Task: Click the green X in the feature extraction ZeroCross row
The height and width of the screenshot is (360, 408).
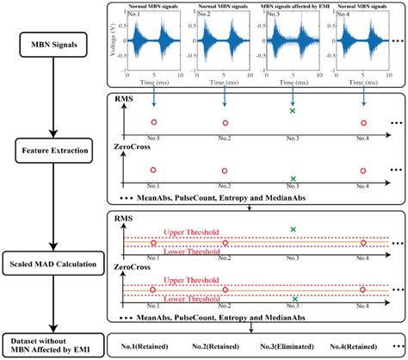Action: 294,177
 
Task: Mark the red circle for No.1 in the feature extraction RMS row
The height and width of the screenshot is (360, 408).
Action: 153,122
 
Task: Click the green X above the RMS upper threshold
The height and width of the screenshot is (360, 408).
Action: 294,228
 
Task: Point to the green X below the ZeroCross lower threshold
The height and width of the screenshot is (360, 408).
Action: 294,299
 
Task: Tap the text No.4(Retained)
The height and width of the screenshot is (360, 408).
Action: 366,345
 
